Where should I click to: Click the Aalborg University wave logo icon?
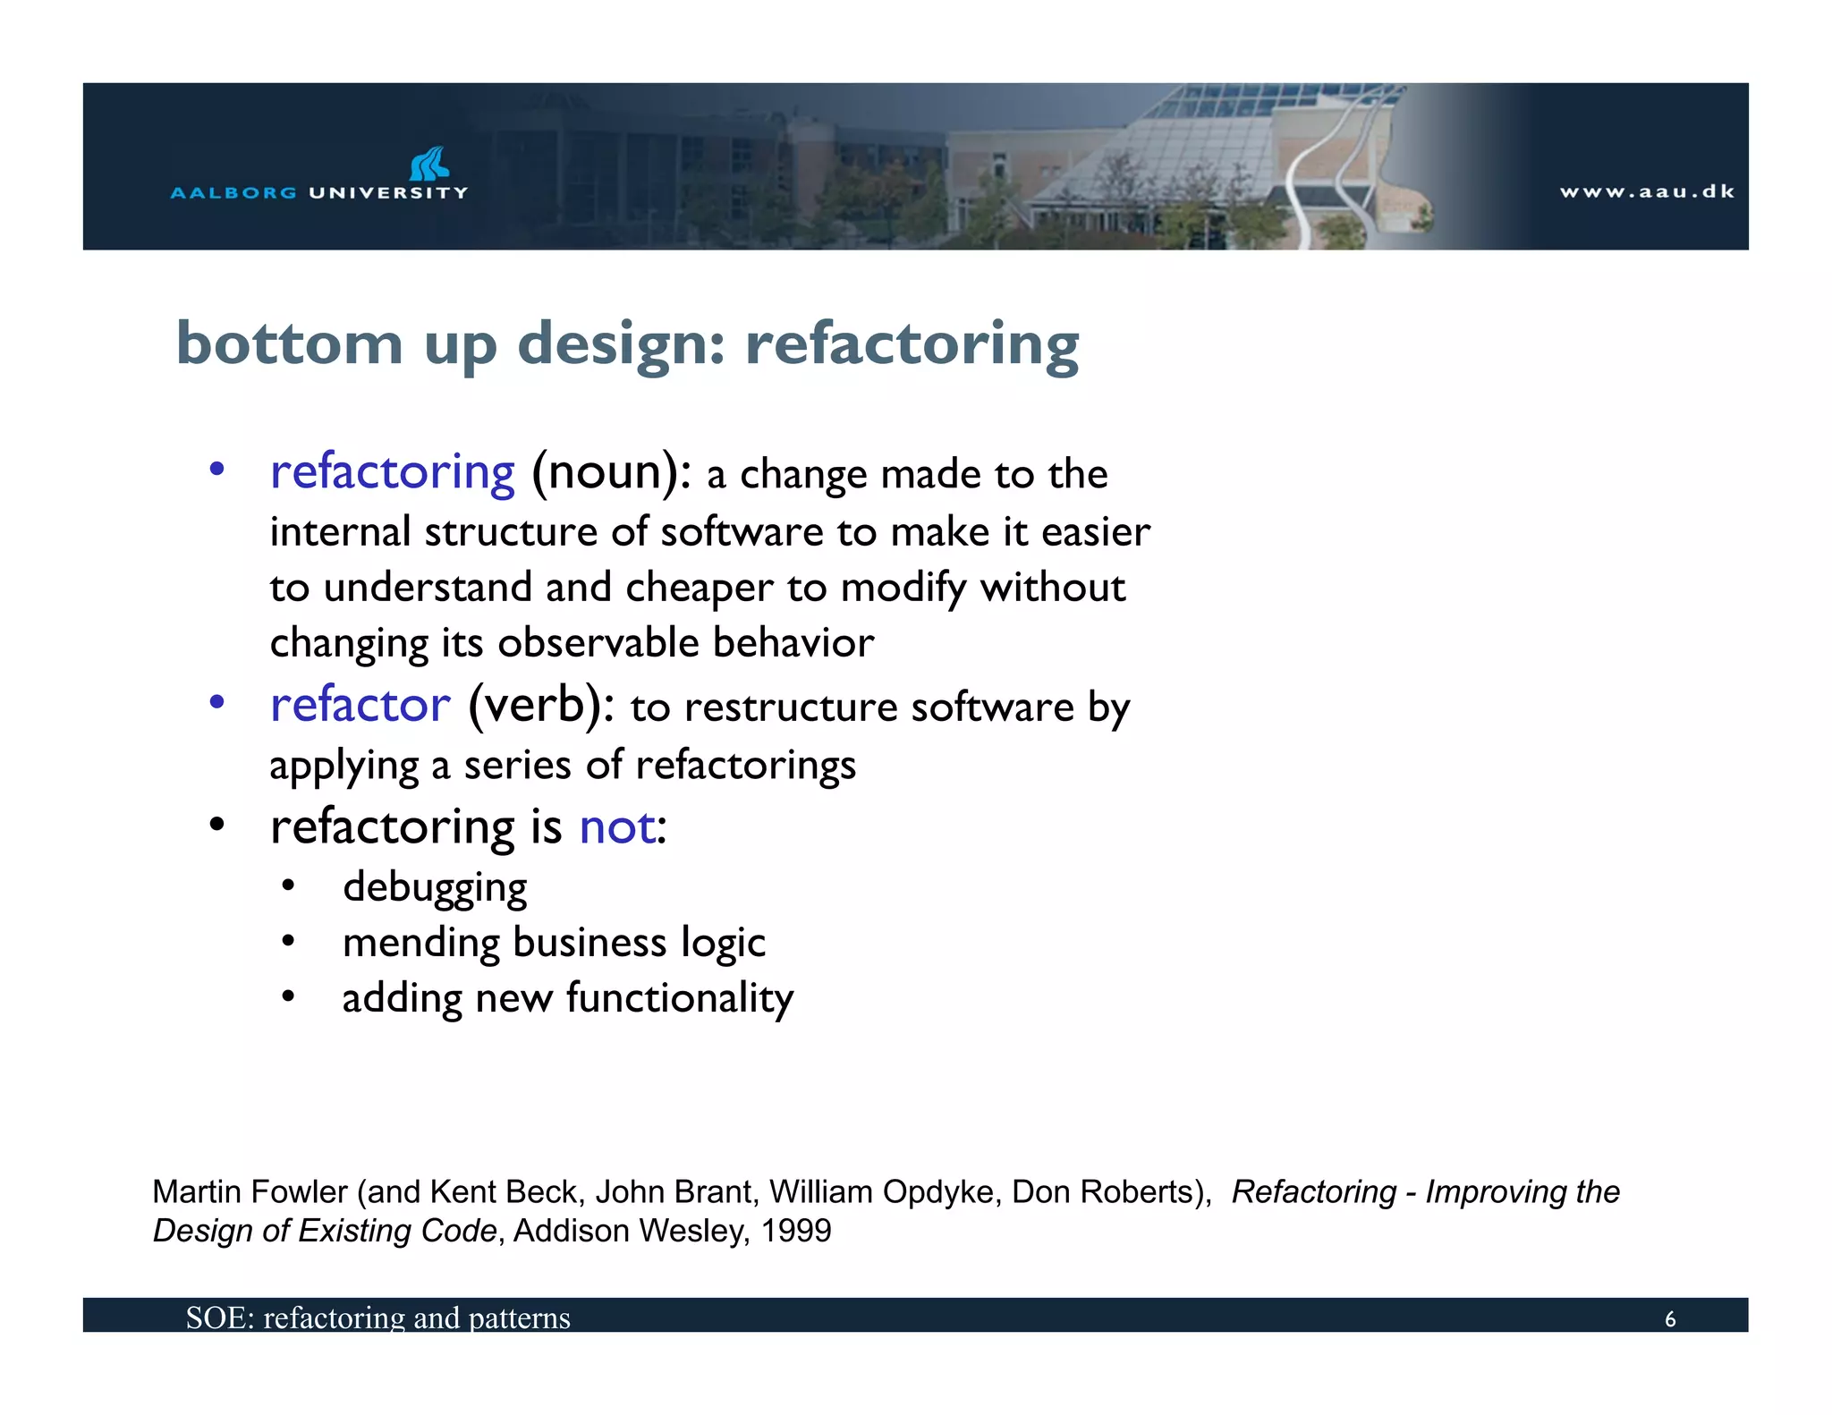click(x=429, y=164)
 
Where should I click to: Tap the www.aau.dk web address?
click(x=1646, y=191)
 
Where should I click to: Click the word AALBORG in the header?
click(x=233, y=192)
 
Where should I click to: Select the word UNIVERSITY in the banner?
click(x=388, y=192)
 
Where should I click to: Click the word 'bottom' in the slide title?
click(x=290, y=343)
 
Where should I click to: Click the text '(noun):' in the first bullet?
click(x=611, y=472)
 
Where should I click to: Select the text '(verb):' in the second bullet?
click(x=541, y=706)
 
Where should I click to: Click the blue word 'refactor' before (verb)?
click(x=360, y=706)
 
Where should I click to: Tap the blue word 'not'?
click(x=617, y=826)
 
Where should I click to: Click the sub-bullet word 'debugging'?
click(x=435, y=887)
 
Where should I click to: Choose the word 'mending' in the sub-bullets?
click(x=414, y=943)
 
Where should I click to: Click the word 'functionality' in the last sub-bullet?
click(x=680, y=998)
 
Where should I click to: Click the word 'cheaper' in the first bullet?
click(x=699, y=588)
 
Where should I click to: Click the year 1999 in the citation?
click(x=795, y=1232)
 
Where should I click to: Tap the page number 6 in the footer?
click(x=1669, y=1319)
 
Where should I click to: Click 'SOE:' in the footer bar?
click(x=220, y=1318)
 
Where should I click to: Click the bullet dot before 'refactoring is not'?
click(x=216, y=825)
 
